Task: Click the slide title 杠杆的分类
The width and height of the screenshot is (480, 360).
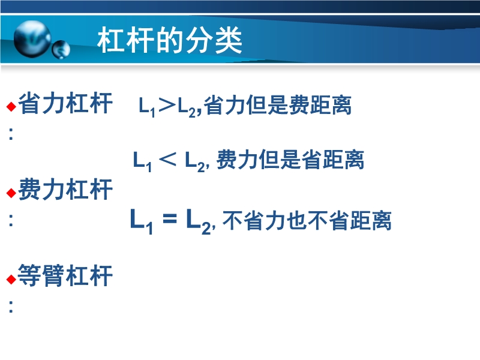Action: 170,40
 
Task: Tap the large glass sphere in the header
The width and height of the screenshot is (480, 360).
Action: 32,39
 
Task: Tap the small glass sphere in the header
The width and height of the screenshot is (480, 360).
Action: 61,50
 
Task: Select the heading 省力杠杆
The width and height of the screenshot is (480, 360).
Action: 65,103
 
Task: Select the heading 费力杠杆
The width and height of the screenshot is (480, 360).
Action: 65,190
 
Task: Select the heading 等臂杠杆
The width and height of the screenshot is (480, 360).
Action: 65,276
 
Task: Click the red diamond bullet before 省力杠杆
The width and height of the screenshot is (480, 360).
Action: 11,107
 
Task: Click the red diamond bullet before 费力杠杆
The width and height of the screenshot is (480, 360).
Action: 11,193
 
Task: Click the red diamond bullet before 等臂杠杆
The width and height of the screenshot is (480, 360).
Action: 11,279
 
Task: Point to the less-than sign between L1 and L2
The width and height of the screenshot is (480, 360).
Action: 168,159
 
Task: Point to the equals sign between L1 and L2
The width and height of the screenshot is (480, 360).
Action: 170,218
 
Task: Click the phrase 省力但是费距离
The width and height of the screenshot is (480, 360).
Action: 278,106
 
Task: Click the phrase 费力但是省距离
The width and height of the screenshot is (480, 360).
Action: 290,160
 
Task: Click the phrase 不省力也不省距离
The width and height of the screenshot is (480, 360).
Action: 307,220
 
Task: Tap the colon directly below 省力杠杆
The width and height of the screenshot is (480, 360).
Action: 11,134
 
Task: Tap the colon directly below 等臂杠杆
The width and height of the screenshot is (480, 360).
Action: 11,307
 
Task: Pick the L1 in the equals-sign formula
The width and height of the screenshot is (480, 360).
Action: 141,221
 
